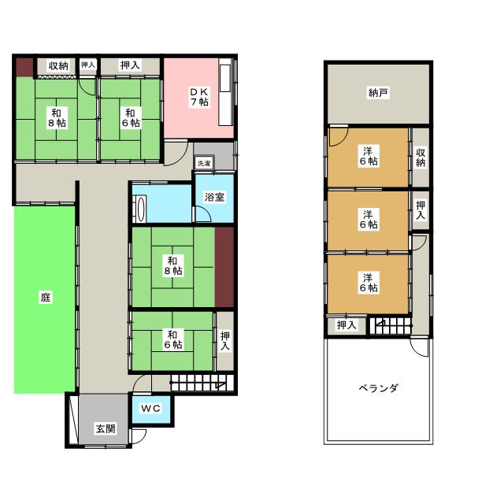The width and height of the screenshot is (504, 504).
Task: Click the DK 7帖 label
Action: click(x=198, y=97)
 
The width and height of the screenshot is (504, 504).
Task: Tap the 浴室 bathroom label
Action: click(x=214, y=197)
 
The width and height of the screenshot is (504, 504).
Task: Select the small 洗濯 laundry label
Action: click(x=204, y=164)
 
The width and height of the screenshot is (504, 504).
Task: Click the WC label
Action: click(x=151, y=408)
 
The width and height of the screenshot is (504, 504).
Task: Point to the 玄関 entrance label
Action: click(x=106, y=429)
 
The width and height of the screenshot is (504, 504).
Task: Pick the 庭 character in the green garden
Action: click(x=46, y=298)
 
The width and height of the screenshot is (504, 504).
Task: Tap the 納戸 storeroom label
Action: click(x=378, y=93)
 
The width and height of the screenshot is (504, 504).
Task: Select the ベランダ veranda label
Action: click(x=378, y=388)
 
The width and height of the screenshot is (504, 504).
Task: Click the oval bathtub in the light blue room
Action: click(x=142, y=210)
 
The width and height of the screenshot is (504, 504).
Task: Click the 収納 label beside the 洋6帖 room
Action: click(x=421, y=157)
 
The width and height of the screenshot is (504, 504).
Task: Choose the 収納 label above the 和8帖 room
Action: click(x=57, y=65)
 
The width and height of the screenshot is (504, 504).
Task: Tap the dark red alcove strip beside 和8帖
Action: click(x=224, y=266)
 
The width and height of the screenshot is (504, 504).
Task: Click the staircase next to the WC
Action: click(x=197, y=384)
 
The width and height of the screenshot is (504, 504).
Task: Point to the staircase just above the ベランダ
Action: click(x=391, y=324)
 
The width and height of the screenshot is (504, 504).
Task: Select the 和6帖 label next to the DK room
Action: click(x=130, y=117)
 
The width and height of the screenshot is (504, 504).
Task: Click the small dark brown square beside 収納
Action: click(x=24, y=66)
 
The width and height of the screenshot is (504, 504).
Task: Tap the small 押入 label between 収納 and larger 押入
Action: click(x=88, y=65)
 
